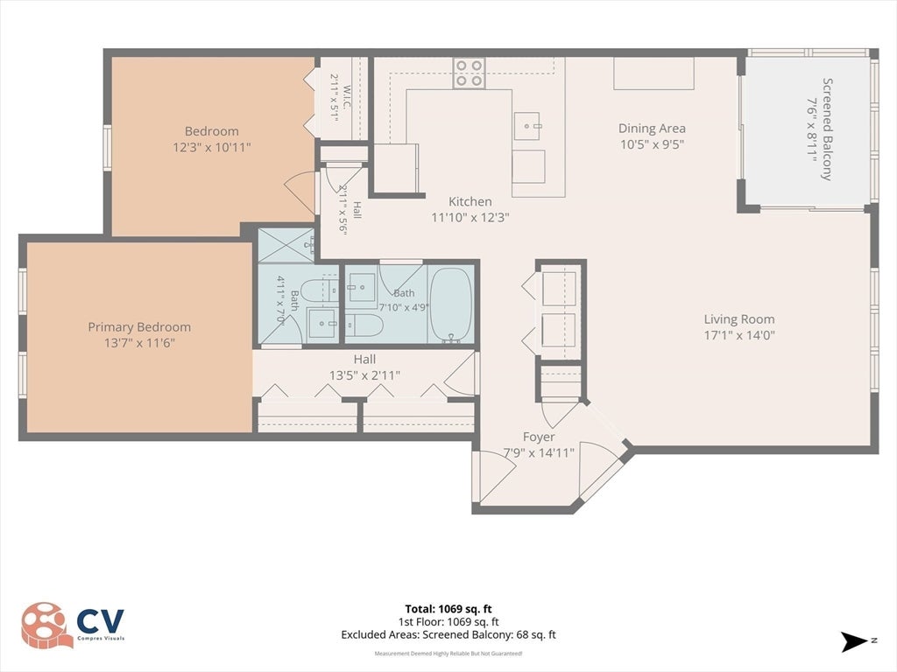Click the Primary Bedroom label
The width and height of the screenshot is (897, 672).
coord(139,327)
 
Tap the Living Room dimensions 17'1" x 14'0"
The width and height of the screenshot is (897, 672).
coord(739,335)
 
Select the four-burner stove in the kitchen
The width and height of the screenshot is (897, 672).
coord(470,73)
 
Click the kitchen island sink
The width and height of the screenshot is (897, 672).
coord(526,126)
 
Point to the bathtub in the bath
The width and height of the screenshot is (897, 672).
coord(451,305)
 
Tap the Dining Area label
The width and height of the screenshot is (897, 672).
coord(652,129)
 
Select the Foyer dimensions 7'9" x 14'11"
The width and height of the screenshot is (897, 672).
coord(539,453)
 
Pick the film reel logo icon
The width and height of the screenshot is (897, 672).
coord(45,625)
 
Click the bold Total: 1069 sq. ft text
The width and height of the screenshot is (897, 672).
coord(448,609)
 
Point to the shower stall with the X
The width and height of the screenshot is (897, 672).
coord(286,245)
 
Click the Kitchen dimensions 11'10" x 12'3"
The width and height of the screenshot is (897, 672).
coord(470,217)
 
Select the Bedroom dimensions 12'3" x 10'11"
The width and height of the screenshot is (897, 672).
coord(212,147)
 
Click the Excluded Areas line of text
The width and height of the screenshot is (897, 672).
coord(448,635)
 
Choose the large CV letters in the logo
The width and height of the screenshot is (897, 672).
coord(100,620)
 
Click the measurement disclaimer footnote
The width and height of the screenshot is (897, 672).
coord(448,653)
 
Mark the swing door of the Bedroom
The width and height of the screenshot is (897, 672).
coord(300,193)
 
